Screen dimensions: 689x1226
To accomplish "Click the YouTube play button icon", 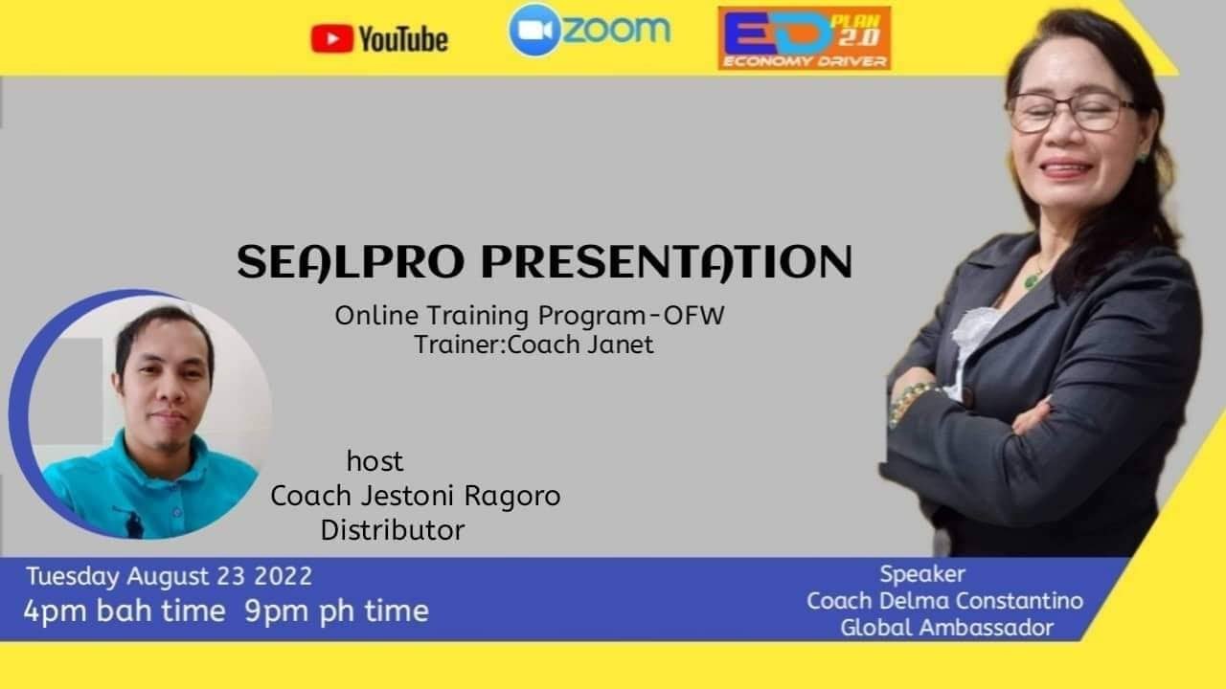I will (331, 39).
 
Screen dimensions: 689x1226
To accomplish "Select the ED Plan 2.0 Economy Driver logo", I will (804, 38).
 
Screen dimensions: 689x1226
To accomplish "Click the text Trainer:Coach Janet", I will (534, 344).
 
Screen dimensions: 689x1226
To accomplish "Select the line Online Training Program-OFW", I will (529, 316).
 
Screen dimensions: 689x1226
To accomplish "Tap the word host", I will (375, 461).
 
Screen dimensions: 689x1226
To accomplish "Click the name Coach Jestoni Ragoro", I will (415, 496).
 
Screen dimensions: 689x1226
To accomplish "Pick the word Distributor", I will (393, 529).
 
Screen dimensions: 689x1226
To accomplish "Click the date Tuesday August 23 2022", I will (169, 576).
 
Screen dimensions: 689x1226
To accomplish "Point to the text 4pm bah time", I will (125, 611).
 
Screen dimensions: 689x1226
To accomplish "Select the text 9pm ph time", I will (336, 611).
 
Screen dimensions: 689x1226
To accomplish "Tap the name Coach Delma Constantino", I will (944, 601).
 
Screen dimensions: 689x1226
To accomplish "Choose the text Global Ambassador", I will (946, 628).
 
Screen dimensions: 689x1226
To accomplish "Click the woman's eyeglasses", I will (1068, 113).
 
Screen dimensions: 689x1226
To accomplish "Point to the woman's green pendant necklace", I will (1032, 279).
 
